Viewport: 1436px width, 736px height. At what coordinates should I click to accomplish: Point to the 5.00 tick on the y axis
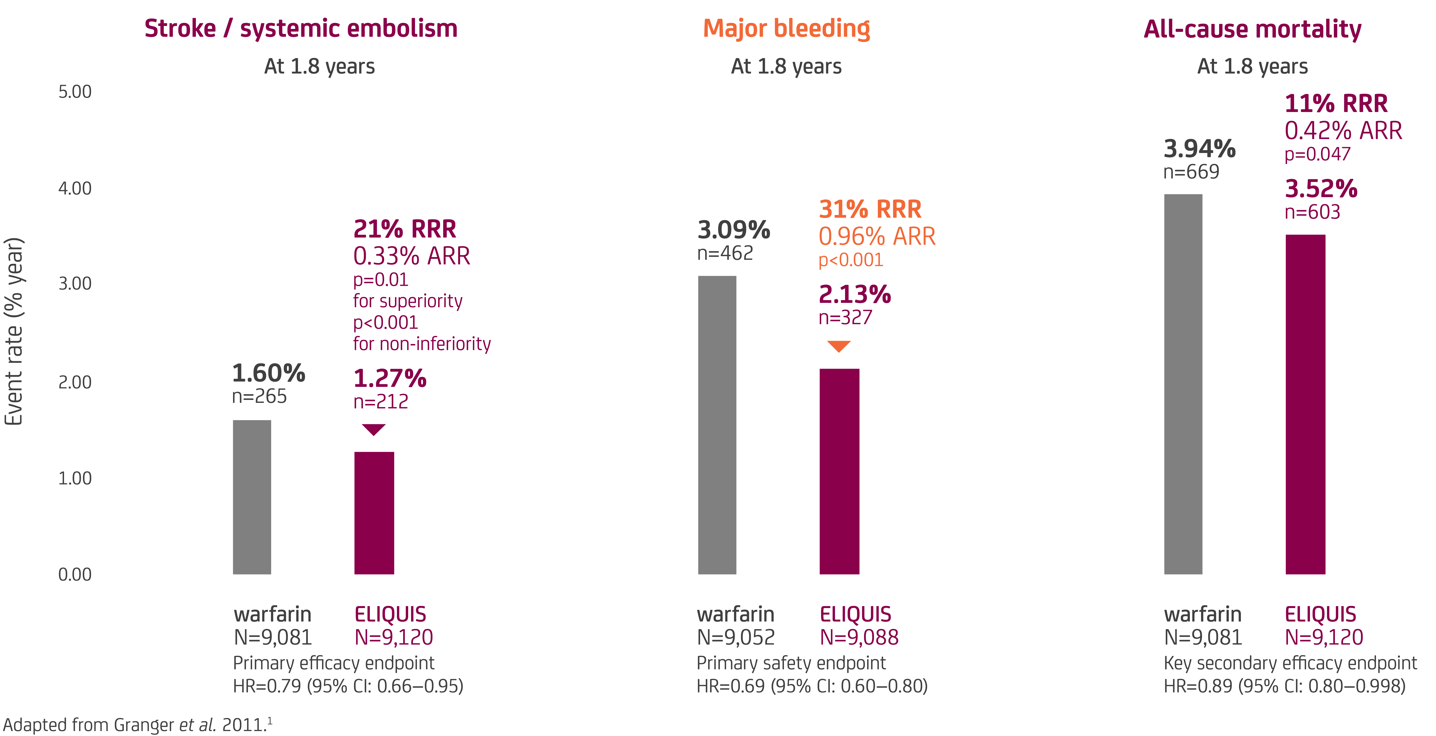click(x=75, y=92)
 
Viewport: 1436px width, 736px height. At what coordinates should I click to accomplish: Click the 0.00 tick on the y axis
click(x=75, y=574)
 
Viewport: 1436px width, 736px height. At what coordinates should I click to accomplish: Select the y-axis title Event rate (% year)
click(x=14, y=331)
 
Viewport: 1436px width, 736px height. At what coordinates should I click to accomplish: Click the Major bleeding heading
click(x=786, y=29)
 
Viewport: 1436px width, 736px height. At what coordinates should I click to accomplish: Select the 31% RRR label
click(x=870, y=210)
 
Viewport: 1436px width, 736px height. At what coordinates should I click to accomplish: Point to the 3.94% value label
click(x=1199, y=149)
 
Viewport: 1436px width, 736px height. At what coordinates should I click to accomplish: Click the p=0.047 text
click(x=1317, y=154)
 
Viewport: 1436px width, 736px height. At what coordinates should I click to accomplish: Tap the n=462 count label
click(x=725, y=254)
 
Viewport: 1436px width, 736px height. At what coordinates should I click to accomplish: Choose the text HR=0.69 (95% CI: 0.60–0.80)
click(x=812, y=686)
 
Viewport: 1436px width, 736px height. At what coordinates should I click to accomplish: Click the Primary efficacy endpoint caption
click(x=333, y=663)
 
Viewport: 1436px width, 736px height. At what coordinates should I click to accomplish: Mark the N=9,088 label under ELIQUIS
click(x=858, y=637)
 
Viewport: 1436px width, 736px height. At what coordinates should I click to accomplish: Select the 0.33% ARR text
click(x=411, y=256)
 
